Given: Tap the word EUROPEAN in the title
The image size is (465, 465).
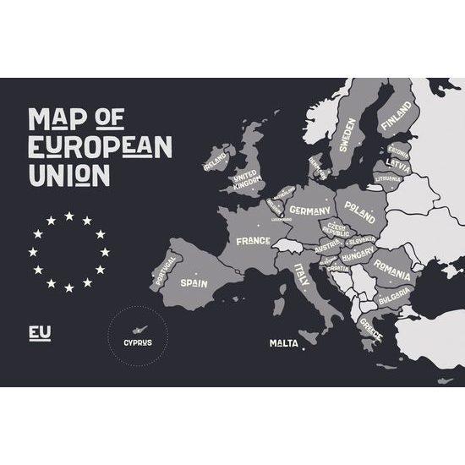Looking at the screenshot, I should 100,146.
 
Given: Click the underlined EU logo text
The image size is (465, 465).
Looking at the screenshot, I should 40,332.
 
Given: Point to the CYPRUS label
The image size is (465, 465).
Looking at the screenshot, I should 138,342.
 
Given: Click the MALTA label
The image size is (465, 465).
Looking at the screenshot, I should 283,343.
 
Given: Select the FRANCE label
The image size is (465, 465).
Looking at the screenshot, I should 253,241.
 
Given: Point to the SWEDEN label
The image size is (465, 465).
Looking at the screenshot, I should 348,134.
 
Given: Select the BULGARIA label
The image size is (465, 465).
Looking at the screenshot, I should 393,298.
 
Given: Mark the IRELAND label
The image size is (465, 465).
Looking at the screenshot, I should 216,158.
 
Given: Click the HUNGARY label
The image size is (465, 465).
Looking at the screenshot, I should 358,254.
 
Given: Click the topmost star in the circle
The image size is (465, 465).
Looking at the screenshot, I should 68,216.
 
